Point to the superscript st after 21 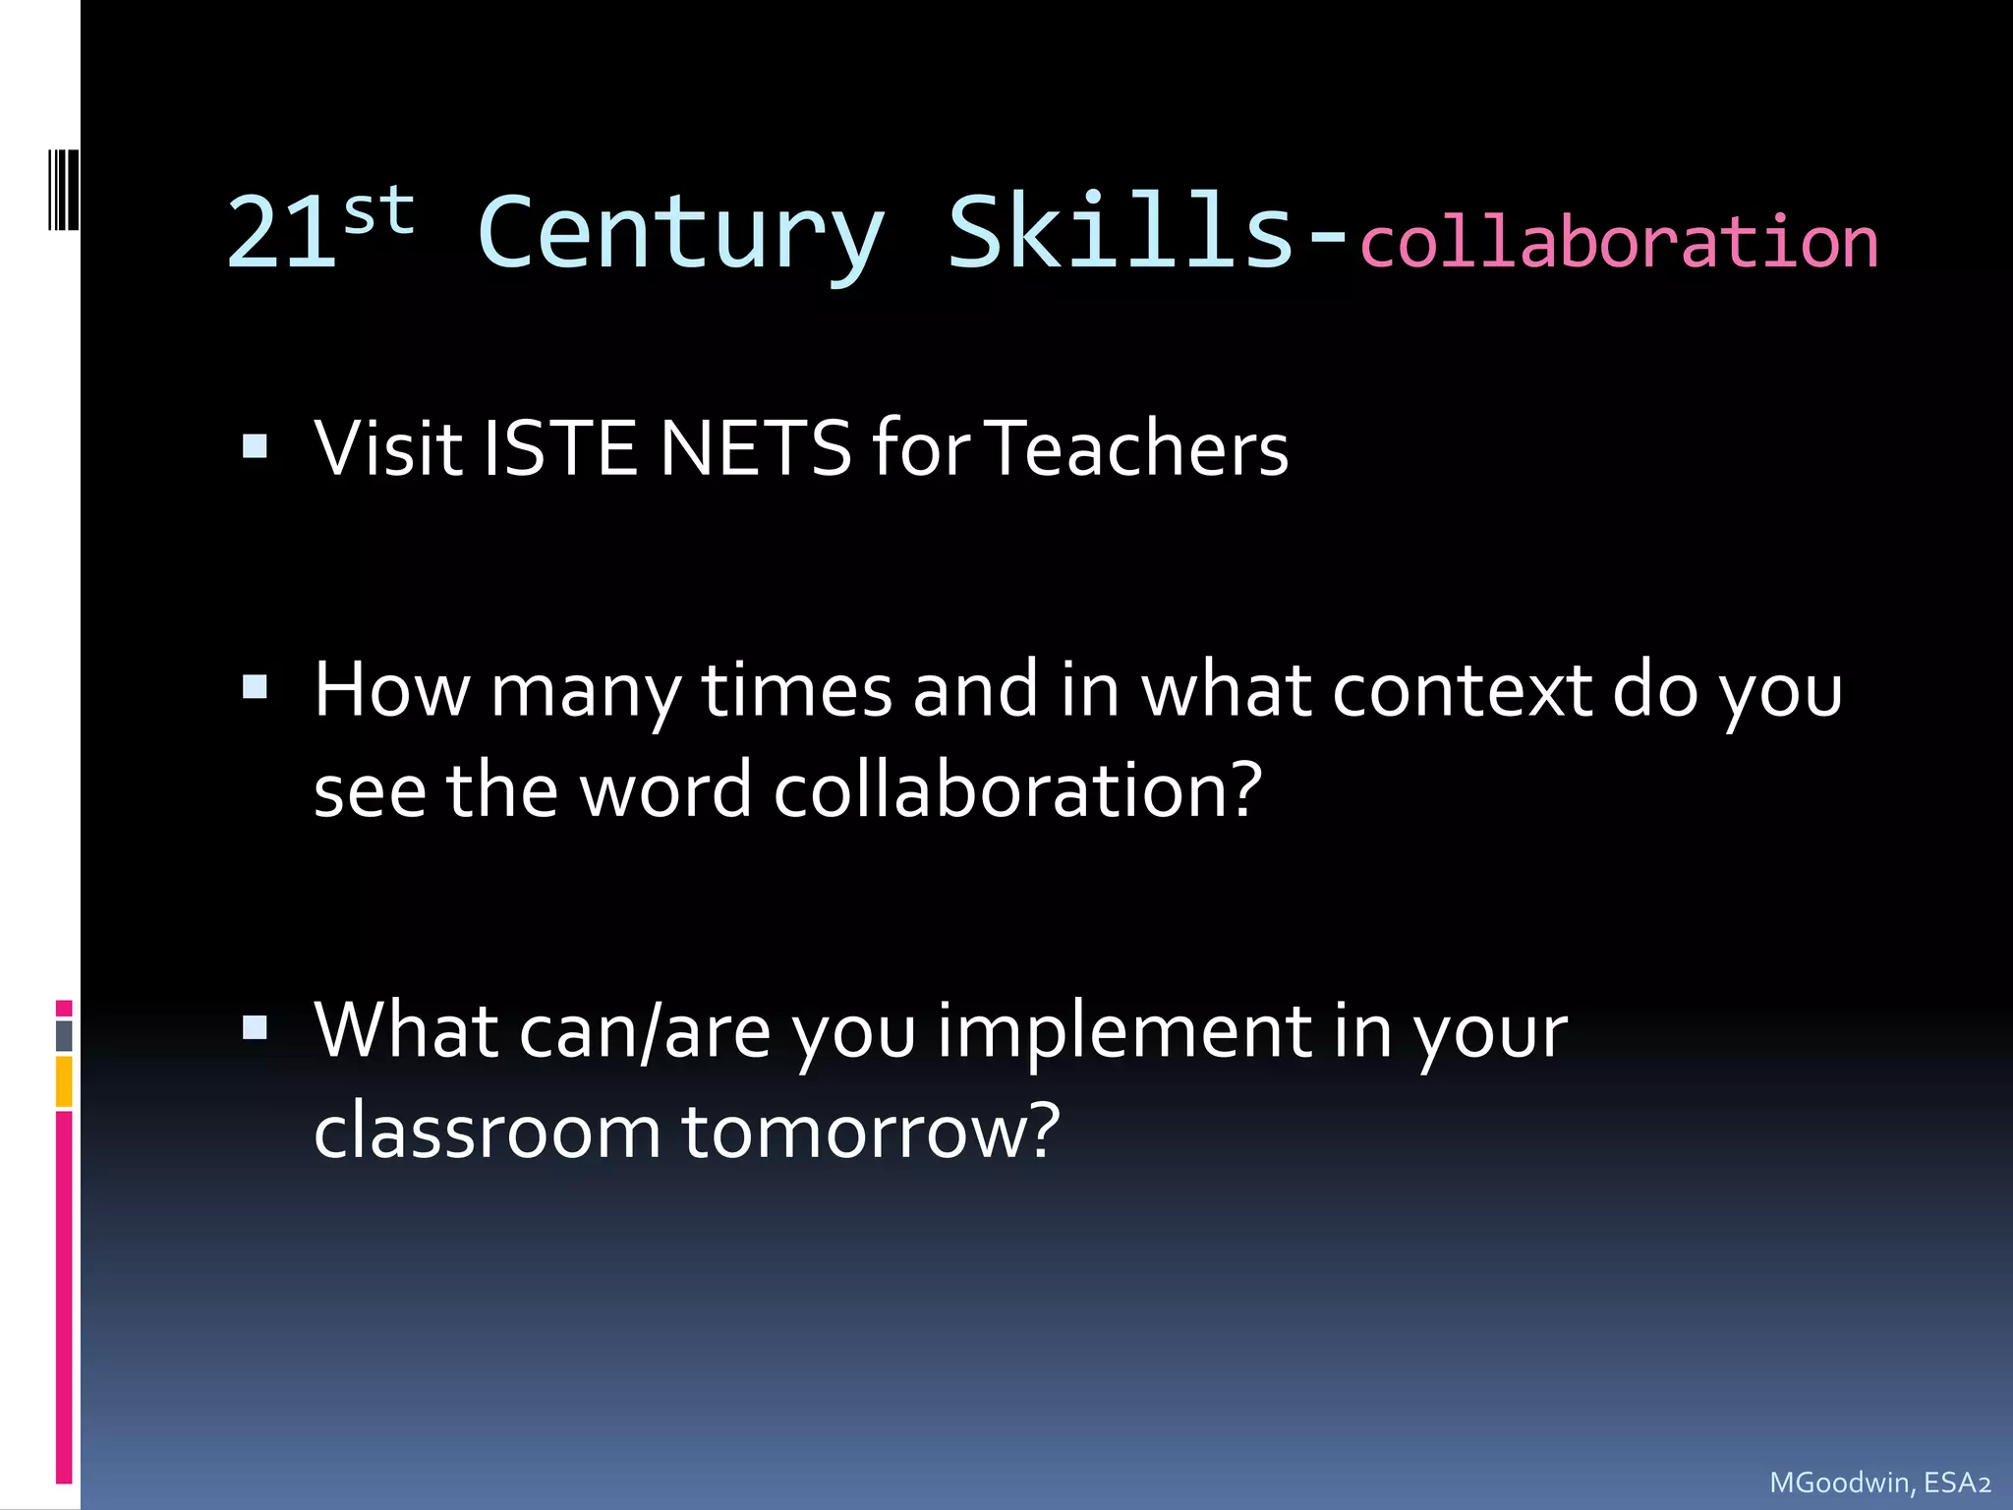coord(379,210)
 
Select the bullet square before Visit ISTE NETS coord(256,447)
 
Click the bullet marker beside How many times coord(256,686)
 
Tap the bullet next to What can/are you coord(256,1028)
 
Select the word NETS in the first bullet coord(755,448)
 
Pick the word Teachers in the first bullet coord(1136,448)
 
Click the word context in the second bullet coord(1463,690)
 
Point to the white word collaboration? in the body coord(1017,790)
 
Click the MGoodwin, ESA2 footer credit coord(1879,1482)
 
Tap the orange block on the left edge coord(64,1081)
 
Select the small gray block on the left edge coord(64,1035)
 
